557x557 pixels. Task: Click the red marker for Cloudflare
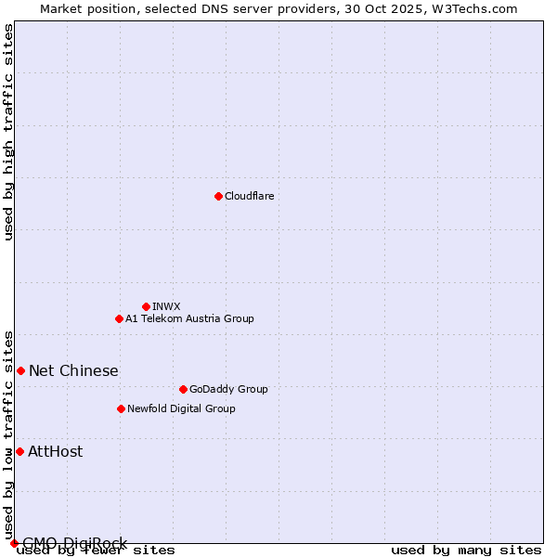(x=218, y=196)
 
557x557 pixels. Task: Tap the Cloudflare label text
(x=249, y=196)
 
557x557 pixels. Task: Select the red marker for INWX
(x=146, y=306)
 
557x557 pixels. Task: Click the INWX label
(x=166, y=306)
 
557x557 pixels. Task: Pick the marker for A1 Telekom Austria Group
(x=119, y=318)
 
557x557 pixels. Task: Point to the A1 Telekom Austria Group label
(x=189, y=318)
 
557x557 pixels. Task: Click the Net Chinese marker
(x=20, y=370)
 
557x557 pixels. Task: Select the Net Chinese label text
(x=73, y=370)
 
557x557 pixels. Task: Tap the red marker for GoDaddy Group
(x=183, y=389)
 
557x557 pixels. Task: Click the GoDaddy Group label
(x=227, y=389)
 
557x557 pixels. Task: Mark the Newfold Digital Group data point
(x=121, y=408)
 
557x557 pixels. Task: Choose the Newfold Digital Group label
(x=181, y=408)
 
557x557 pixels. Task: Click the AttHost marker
(x=19, y=451)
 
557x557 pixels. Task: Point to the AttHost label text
(x=55, y=451)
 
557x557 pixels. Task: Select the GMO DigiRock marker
(x=13, y=543)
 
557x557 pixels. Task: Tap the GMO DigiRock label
(x=74, y=542)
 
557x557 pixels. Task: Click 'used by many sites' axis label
(x=466, y=551)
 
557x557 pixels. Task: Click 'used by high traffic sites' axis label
(x=8, y=132)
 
